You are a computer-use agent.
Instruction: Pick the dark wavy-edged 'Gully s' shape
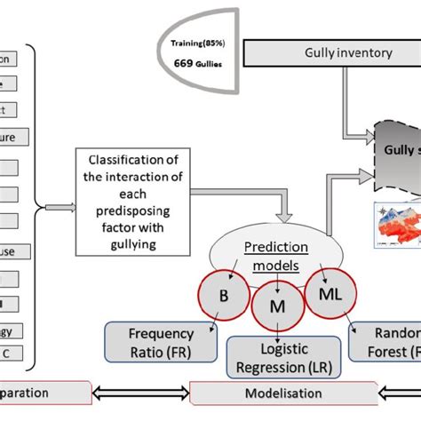tap(395, 155)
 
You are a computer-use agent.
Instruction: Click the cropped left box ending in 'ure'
tap(13, 137)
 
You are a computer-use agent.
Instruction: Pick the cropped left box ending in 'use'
tap(13, 250)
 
